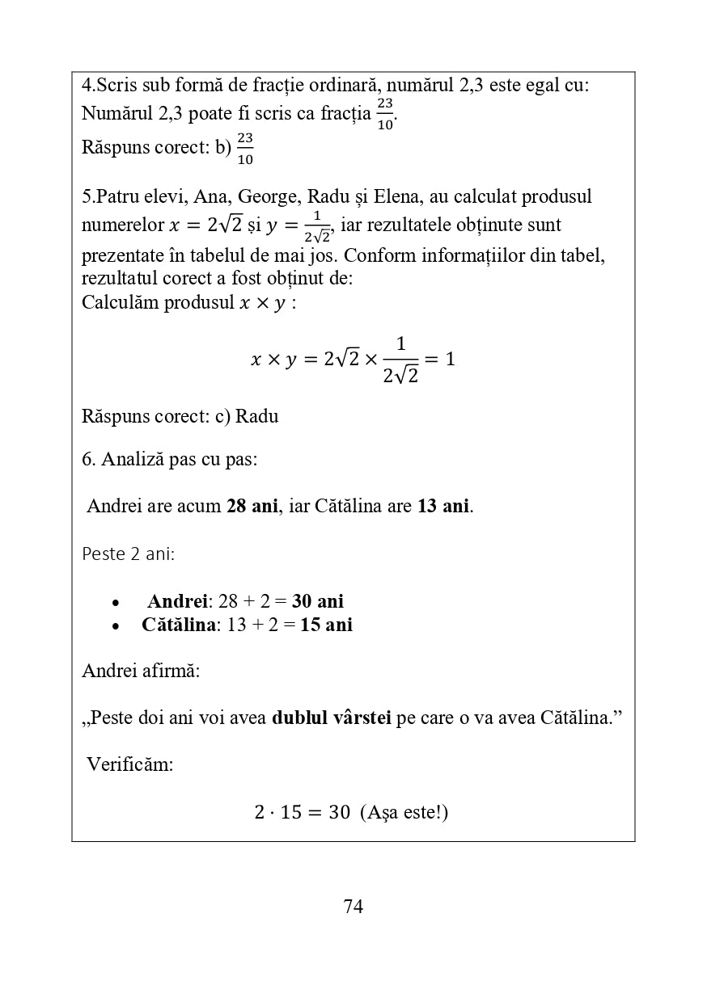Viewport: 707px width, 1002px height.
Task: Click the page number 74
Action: [353, 907]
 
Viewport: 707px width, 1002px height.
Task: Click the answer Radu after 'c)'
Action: [256, 416]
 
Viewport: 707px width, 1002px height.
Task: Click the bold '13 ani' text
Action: [443, 507]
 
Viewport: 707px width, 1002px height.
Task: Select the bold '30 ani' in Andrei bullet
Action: [318, 601]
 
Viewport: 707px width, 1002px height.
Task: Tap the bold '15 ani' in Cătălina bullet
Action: [326, 625]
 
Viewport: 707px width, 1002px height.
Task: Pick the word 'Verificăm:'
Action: [129, 764]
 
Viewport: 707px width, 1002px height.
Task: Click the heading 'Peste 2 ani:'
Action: [128, 554]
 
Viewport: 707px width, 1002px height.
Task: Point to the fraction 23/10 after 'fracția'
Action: [385, 114]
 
